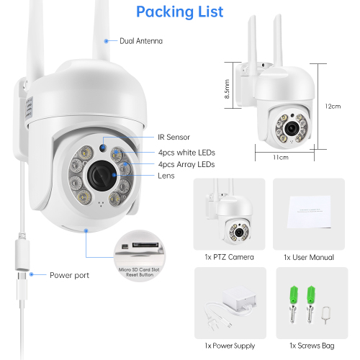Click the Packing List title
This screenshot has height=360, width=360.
[x=179, y=12]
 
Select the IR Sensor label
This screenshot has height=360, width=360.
[x=175, y=137]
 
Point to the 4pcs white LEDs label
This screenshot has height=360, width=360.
[x=186, y=153]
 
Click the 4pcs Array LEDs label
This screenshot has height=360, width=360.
[x=186, y=164]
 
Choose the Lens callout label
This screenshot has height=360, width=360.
[x=166, y=176]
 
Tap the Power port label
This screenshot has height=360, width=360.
[x=70, y=275]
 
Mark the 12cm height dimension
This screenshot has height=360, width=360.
[x=333, y=106]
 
